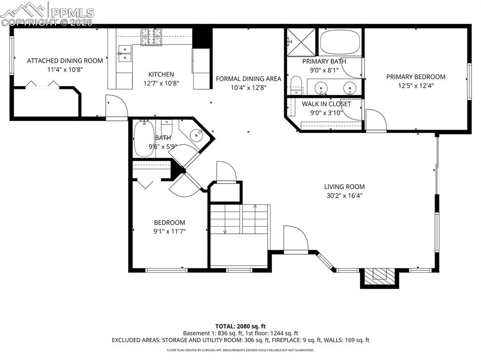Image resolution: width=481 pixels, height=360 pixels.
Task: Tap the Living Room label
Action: point(344,187)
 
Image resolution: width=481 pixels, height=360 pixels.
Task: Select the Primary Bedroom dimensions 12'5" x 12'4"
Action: point(416,85)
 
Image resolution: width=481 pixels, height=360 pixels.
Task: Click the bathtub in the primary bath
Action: point(340,42)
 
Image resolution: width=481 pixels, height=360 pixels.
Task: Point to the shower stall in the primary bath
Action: point(301,42)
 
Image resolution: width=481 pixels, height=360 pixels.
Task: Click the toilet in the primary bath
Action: point(296,85)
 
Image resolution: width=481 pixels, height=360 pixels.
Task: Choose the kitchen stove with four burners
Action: point(151,37)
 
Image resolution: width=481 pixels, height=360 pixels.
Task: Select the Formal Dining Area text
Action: point(248,79)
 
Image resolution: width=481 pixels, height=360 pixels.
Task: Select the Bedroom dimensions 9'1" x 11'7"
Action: point(170,231)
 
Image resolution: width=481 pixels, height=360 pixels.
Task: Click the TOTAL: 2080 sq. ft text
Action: point(240,326)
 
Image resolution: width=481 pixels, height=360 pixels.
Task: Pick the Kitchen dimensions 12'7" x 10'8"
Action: point(161,83)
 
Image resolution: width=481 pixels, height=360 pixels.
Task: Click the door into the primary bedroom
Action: point(375,121)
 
